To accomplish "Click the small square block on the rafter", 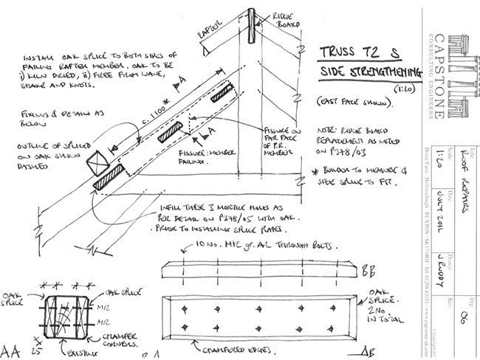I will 97,162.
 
